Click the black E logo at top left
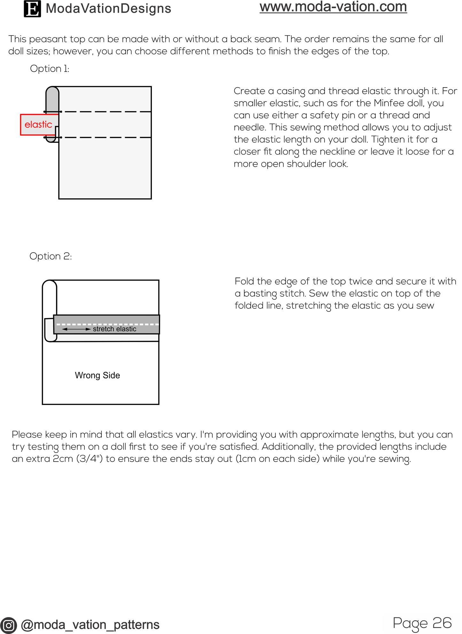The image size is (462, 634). (32, 9)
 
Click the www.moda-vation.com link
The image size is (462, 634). (333, 7)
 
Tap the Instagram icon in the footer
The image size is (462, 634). (8, 625)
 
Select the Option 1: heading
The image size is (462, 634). (50, 69)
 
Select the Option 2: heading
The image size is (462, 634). (51, 256)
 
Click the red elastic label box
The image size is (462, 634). (38, 125)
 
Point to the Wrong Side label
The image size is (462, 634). (97, 375)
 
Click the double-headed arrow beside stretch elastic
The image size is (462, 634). (76, 329)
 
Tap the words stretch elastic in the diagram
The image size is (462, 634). (114, 329)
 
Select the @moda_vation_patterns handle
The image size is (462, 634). (90, 625)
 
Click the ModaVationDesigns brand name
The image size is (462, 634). (108, 9)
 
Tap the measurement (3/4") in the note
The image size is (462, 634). (90, 459)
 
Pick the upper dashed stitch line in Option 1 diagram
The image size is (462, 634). (106, 112)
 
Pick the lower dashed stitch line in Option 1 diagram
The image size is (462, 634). (106, 137)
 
